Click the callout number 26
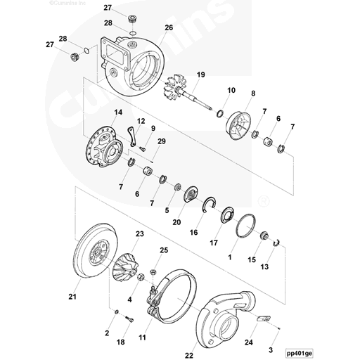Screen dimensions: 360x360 click(x=168, y=28)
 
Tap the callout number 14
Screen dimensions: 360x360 click(x=117, y=112)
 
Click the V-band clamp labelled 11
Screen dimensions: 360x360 click(x=180, y=295)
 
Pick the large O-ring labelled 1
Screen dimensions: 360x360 click(x=245, y=226)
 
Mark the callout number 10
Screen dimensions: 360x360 click(x=231, y=91)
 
